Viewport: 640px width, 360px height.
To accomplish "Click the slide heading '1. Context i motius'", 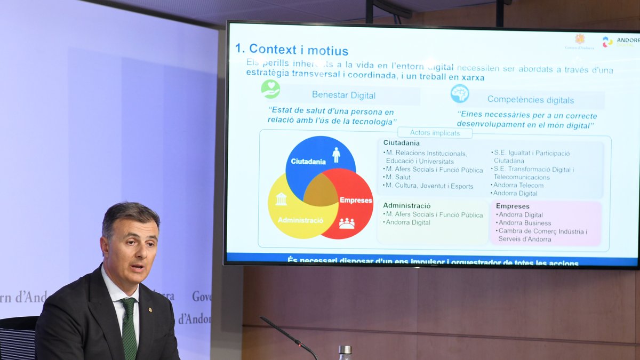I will coord(292,50).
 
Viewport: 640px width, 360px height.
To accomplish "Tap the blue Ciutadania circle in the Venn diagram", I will coord(315,155).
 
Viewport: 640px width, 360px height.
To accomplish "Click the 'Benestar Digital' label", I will coord(343,95).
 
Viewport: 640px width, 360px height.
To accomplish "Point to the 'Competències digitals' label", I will coord(530,100).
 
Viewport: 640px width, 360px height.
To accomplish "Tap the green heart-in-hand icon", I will coord(270,89).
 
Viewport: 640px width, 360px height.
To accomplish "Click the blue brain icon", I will coord(459,93).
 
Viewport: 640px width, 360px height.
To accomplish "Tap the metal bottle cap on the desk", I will coord(345,350).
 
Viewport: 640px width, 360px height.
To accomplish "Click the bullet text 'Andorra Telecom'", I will coord(518,185).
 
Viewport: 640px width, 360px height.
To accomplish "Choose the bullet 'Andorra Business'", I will coord(525,223).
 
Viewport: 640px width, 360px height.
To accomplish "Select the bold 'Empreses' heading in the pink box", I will coord(513,206).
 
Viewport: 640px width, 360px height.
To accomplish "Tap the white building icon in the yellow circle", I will coord(281,199).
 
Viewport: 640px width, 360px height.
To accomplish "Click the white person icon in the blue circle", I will coord(336,155).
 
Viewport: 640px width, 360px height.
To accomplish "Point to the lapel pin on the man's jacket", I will coord(150,309).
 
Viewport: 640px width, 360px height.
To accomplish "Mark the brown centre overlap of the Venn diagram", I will coord(321,190).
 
